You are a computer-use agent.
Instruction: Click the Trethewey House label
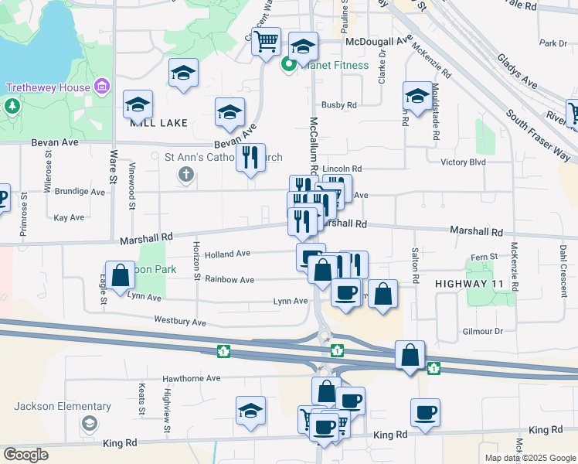tap(48, 87)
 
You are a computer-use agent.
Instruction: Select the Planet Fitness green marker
tap(288, 65)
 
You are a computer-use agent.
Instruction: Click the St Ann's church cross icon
tap(185, 174)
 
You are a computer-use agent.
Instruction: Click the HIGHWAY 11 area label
tap(469, 284)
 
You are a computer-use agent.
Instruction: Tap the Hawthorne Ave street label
tap(191, 379)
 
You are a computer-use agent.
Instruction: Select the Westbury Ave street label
tap(180, 321)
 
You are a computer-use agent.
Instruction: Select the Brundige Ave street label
tap(79, 191)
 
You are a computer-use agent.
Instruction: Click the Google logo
tap(25, 455)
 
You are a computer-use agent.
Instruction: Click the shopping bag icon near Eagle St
tap(120, 275)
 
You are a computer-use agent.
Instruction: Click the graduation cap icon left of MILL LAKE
tap(138, 104)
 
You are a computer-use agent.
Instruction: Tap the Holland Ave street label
tap(227, 253)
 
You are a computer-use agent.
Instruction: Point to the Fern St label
tap(482, 258)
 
